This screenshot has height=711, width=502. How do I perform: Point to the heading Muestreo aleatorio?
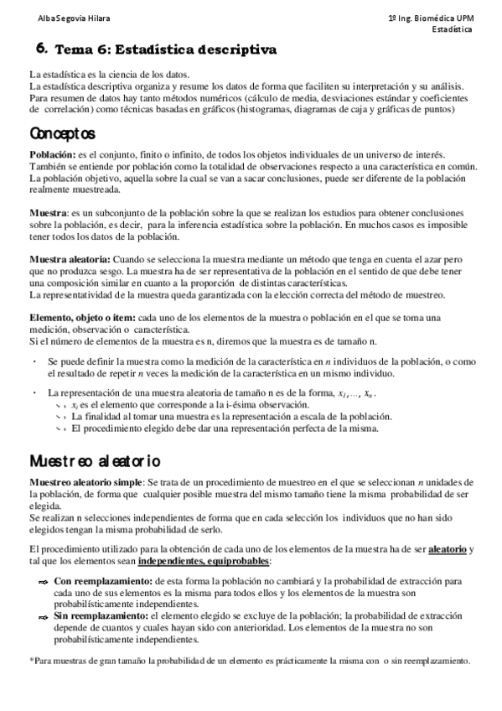[x=95, y=461]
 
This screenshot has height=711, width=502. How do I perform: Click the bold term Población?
[x=52, y=156]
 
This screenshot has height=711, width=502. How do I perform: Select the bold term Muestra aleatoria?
[x=68, y=258]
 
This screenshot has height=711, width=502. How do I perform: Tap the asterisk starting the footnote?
[x=32, y=661]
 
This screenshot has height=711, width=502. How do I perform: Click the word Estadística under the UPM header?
[x=452, y=29]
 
